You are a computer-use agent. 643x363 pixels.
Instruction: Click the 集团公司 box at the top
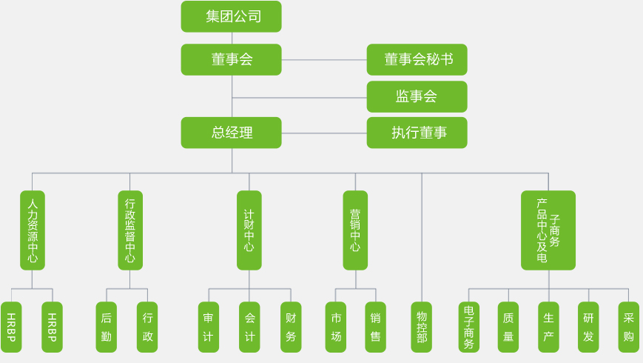point(231,16)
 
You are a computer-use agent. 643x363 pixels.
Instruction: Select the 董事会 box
point(231,59)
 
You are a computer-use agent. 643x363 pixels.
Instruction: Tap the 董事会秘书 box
point(417,59)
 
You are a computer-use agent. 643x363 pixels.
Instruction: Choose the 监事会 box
point(417,96)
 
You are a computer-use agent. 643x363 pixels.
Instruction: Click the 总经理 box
point(231,133)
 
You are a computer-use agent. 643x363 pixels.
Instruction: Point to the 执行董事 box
point(417,133)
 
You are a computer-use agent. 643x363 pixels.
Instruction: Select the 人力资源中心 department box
point(32,230)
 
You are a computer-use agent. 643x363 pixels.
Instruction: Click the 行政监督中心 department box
point(129,230)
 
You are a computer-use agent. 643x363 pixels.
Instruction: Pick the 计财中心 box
point(249,230)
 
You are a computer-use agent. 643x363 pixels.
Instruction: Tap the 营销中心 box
point(355,230)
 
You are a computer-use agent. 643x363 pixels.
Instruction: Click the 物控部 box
point(421,327)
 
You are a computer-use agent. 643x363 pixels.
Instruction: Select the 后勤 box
point(106,327)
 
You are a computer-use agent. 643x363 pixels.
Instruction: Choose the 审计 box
point(208,327)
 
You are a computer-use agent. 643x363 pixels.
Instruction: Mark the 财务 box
point(291,327)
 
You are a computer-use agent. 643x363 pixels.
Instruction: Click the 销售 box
point(375,327)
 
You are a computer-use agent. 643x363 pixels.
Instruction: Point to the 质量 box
point(508,327)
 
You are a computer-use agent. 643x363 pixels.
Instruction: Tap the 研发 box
point(588,327)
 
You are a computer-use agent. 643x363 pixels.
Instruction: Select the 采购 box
point(628,327)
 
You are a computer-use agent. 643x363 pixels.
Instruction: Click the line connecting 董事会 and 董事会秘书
point(324,59)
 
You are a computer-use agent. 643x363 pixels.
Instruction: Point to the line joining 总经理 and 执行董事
point(324,133)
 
